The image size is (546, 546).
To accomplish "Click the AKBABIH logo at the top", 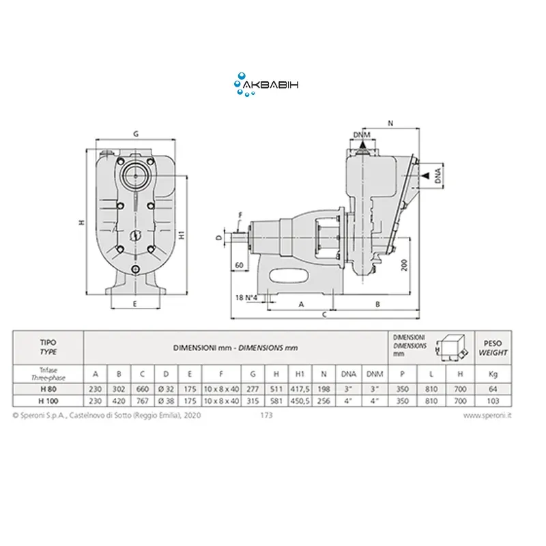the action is [266, 85].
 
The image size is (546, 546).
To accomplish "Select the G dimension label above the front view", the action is [136, 134].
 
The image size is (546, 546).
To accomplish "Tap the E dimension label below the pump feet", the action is [135, 304].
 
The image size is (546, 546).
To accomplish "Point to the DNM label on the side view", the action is [362, 134].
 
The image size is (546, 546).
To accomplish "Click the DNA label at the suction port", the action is [438, 175].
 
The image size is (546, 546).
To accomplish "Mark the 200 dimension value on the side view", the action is [404, 265].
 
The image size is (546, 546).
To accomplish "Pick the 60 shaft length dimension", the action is [239, 265].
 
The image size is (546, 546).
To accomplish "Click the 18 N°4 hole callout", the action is [246, 298].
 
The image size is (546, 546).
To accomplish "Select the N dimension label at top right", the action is [390, 124].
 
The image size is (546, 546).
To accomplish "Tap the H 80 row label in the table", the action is [48, 389].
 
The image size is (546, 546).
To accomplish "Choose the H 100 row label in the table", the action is [48, 401].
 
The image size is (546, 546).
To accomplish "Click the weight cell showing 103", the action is [493, 401].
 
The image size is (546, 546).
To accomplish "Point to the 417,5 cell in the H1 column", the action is [300, 389].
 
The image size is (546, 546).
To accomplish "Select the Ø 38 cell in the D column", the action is [166, 401].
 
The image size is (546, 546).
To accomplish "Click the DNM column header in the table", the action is [375, 374].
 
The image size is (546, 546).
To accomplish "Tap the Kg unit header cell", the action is [493, 374].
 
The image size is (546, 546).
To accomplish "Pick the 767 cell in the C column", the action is [143, 401].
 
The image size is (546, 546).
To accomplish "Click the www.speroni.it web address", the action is [487, 416].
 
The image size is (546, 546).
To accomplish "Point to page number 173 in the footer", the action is [266, 415].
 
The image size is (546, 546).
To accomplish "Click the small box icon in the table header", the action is [452, 347].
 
